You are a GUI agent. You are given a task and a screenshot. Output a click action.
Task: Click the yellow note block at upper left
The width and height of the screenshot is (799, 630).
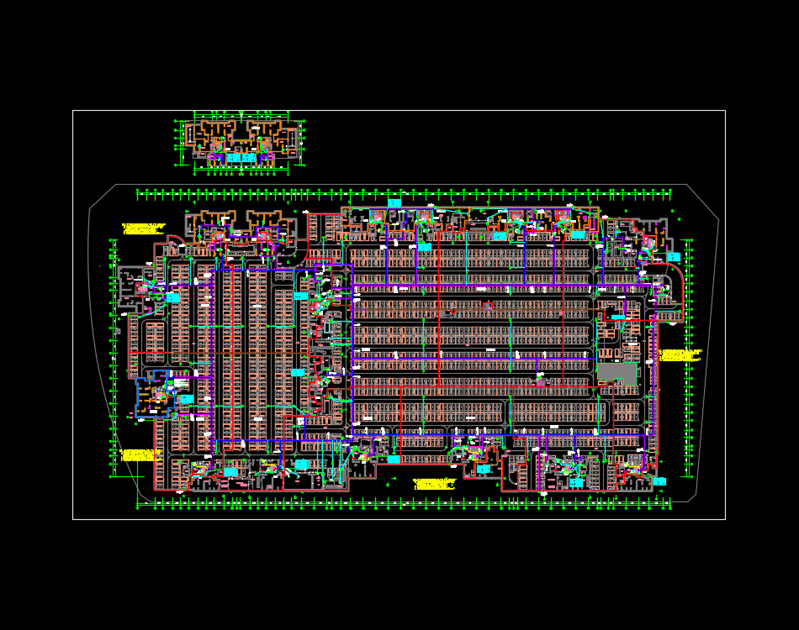144,228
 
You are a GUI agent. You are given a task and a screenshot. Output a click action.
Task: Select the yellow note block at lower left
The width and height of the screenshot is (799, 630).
141,455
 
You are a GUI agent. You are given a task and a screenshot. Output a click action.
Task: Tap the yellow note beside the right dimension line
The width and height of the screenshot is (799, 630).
680,355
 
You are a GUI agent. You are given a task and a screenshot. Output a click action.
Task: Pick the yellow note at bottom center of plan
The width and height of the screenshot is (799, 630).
435,484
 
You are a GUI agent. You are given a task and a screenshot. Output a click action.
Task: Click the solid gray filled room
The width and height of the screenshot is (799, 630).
617,373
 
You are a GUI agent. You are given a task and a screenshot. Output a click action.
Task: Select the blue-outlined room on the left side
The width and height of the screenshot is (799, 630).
152,394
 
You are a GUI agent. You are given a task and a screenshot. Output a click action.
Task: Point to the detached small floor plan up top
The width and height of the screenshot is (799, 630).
241,144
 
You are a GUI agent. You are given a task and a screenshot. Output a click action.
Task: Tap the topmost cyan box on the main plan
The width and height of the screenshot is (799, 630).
394,203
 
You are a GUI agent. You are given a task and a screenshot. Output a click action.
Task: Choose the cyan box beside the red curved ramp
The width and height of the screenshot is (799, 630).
673,257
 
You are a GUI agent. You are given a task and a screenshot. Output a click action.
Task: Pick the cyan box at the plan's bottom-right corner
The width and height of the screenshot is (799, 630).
659,481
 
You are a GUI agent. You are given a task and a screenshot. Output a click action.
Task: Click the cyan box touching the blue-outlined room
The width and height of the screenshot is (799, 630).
186,399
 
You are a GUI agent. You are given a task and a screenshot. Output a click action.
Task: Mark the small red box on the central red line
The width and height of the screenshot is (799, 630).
487,307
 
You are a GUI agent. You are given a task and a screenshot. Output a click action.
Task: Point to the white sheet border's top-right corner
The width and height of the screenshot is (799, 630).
725,111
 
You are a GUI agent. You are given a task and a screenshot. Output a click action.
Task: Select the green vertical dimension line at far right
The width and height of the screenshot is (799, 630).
691,357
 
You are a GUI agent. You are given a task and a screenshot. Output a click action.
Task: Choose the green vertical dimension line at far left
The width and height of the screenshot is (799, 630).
113,357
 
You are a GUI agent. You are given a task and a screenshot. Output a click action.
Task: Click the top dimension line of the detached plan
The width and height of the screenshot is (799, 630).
241,113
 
